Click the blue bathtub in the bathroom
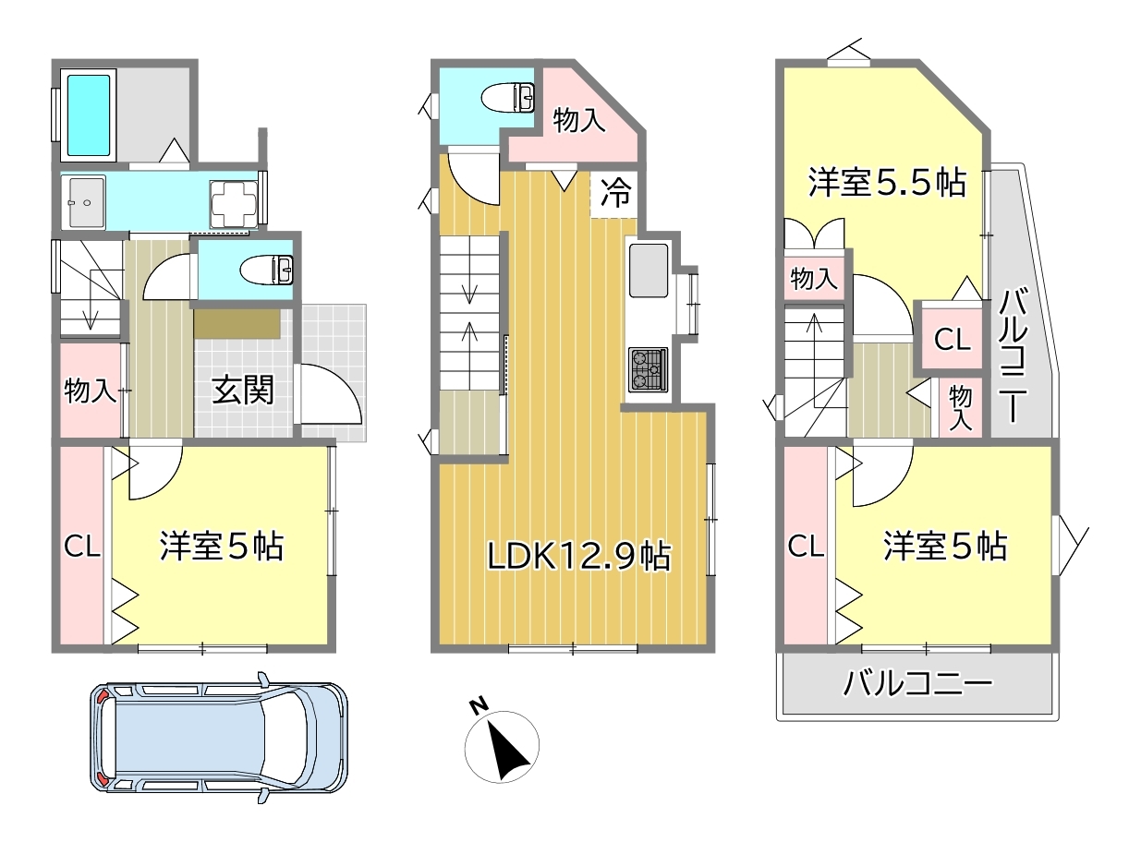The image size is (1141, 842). tap(89, 115)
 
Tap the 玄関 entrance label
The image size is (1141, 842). tap(243, 391)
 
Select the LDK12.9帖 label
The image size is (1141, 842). tap(579, 556)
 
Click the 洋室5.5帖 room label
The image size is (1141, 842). tap(887, 183)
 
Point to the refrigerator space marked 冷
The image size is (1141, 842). tap(614, 194)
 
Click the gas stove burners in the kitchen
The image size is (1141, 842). tap(648, 369)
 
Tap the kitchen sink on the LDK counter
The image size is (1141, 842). tap(649, 270)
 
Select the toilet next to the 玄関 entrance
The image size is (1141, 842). tap(266, 270)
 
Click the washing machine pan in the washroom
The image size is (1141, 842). tap(234, 203)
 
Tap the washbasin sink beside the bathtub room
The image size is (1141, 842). tap(83, 202)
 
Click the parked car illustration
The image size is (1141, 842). tap(219, 738)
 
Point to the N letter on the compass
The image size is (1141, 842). tap(479, 706)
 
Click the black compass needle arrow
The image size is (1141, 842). tap(507, 751)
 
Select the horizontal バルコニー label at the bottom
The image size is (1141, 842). tap(917, 684)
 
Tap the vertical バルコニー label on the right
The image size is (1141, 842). tap(1013, 355)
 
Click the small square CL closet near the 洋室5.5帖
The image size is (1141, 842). tap(952, 339)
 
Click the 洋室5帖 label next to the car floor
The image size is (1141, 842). tap(221, 546)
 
